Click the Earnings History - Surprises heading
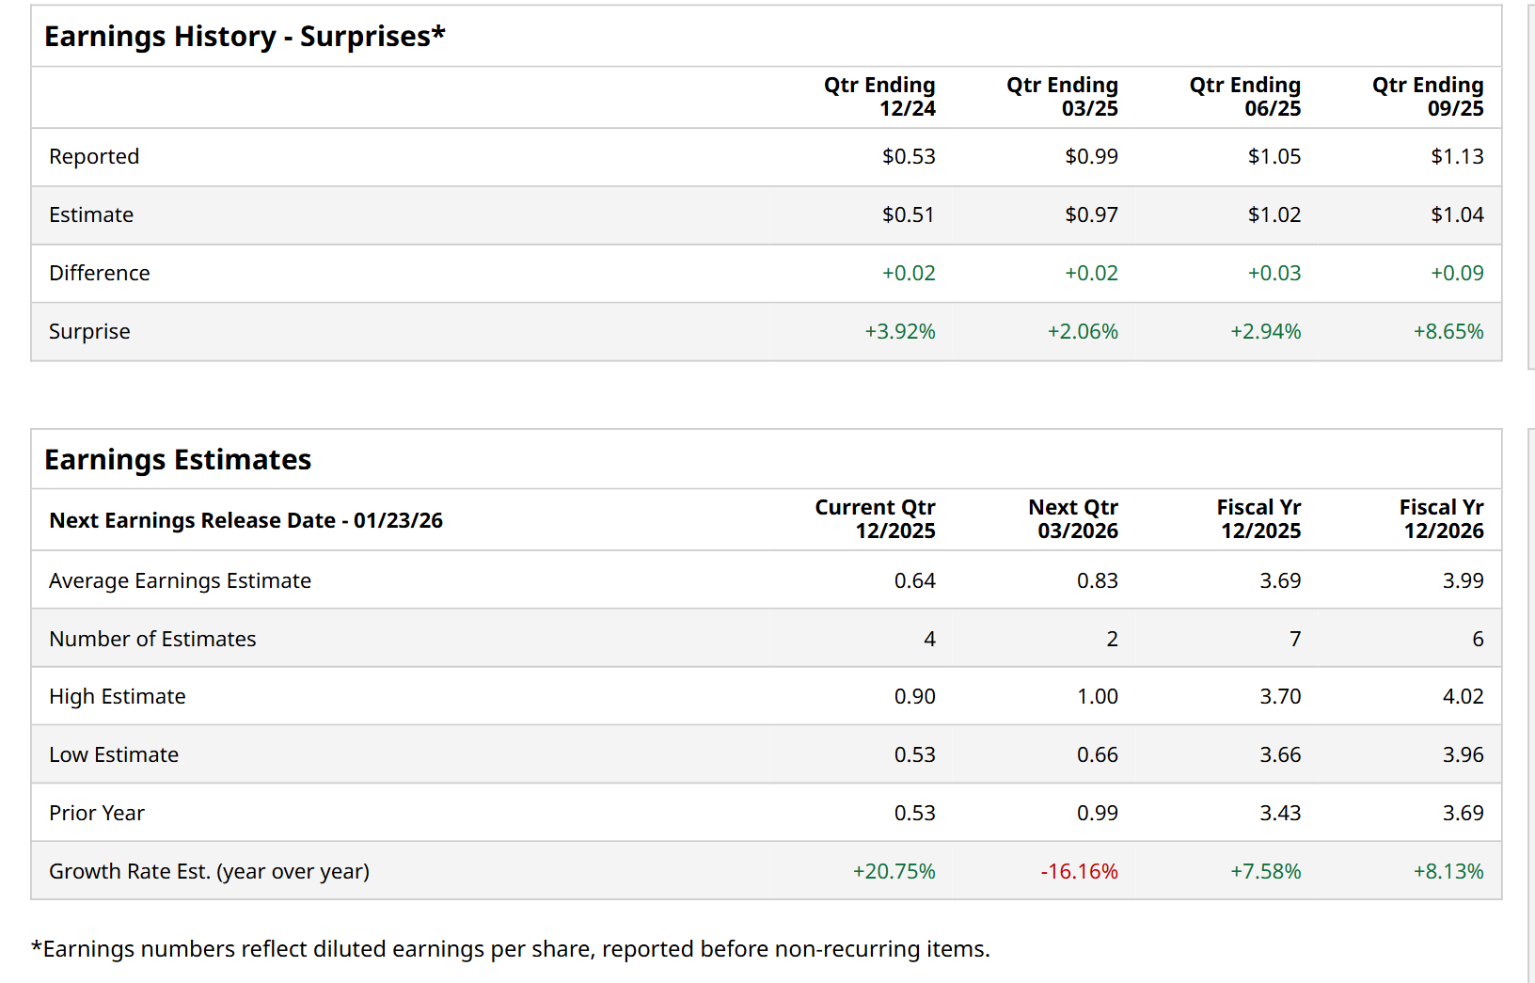[x=245, y=37]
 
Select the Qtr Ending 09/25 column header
[x=1427, y=97]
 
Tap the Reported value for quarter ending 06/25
[x=1274, y=157]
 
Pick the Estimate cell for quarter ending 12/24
[x=908, y=215]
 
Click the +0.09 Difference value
[x=1456, y=274]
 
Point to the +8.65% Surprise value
[x=1448, y=332]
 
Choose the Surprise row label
[x=89, y=332]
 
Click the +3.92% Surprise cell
[x=899, y=332]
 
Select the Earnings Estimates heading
[x=178, y=460]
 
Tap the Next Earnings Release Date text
[x=245, y=521]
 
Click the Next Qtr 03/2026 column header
[x=1073, y=519]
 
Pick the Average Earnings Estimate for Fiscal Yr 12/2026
[x=1463, y=581]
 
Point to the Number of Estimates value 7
[x=1294, y=640]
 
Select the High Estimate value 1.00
[x=1097, y=697]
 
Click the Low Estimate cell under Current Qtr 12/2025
[x=914, y=755]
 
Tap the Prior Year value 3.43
[x=1279, y=814]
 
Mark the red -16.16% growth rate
[x=1079, y=872]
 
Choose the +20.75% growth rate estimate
[x=894, y=872]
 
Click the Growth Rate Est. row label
[x=209, y=872]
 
